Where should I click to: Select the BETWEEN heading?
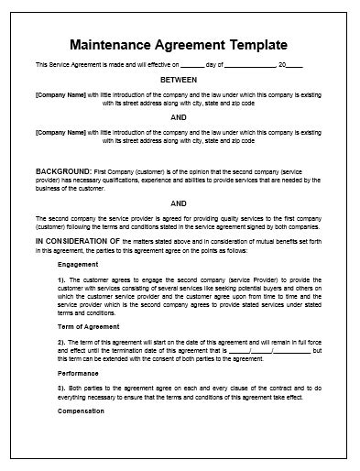179,79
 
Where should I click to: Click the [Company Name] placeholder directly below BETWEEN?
60,93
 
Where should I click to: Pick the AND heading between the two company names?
179,117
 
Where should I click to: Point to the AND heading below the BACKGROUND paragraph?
179,203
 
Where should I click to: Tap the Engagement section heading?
77,263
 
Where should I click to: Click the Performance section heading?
78,375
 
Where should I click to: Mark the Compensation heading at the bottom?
81,411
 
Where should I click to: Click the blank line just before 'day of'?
192,65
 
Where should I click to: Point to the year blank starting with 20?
291,65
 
